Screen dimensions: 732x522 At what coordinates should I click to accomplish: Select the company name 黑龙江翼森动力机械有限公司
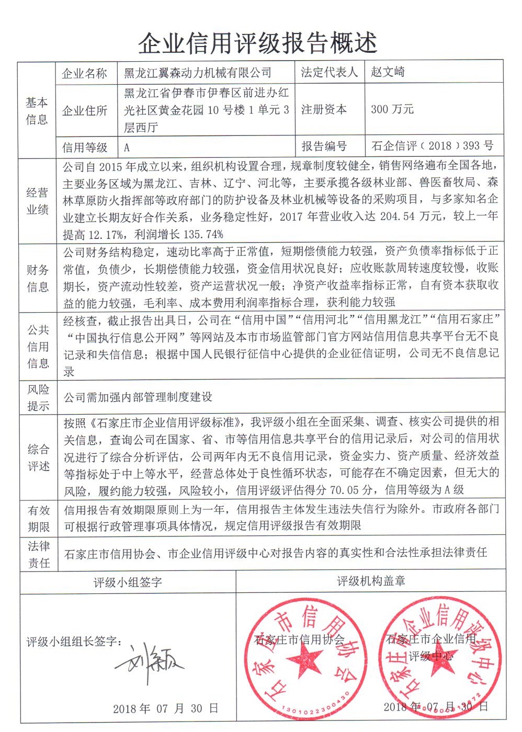pyautogui.click(x=198, y=73)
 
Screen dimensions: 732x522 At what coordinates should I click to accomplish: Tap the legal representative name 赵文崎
pyautogui.click(x=388, y=72)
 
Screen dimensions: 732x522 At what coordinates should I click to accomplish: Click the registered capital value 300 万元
pyautogui.click(x=392, y=109)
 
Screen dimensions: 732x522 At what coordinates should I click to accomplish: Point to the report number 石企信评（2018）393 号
pyautogui.click(x=432, y=146)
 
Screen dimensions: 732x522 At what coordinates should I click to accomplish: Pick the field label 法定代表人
pyautogui.click(x=329, y=72)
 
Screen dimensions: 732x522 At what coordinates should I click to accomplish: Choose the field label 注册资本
pyautogui.click(x=324, y=109)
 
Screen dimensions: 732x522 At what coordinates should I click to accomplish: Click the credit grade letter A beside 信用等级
pyautogui.click(x=127, y=147)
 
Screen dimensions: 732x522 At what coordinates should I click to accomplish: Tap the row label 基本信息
pyautogui.click(x=37, y=111)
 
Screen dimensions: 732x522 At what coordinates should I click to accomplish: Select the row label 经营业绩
pyautogui.click(x=37, y=201)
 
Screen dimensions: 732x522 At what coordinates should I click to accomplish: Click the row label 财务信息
pyautogui.click(x=37, y=278)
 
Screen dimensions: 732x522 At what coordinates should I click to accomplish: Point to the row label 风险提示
pyautogui.click(x=38, y=397)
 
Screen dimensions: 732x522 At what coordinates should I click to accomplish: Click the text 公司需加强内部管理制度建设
pyautogui.click(x=138, y=397)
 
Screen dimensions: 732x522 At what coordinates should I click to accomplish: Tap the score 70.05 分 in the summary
pyautogui.click(x=352, y=490)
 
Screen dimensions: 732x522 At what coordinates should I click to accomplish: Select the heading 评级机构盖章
pyautogui.click(x=371, y=581)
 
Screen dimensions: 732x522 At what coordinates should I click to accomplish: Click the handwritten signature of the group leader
pyautogui.click(x=149, y=662)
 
